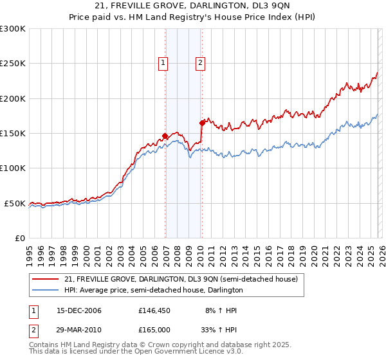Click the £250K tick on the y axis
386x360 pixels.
tap(13, 64)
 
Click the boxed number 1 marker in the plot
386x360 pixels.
tap(163, 63)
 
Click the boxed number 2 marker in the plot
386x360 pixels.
tap(201, 63)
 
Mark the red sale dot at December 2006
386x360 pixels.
tap(165, 136)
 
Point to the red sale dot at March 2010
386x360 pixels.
tap(202, 122)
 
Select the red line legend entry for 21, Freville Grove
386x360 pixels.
tap(181, 280)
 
